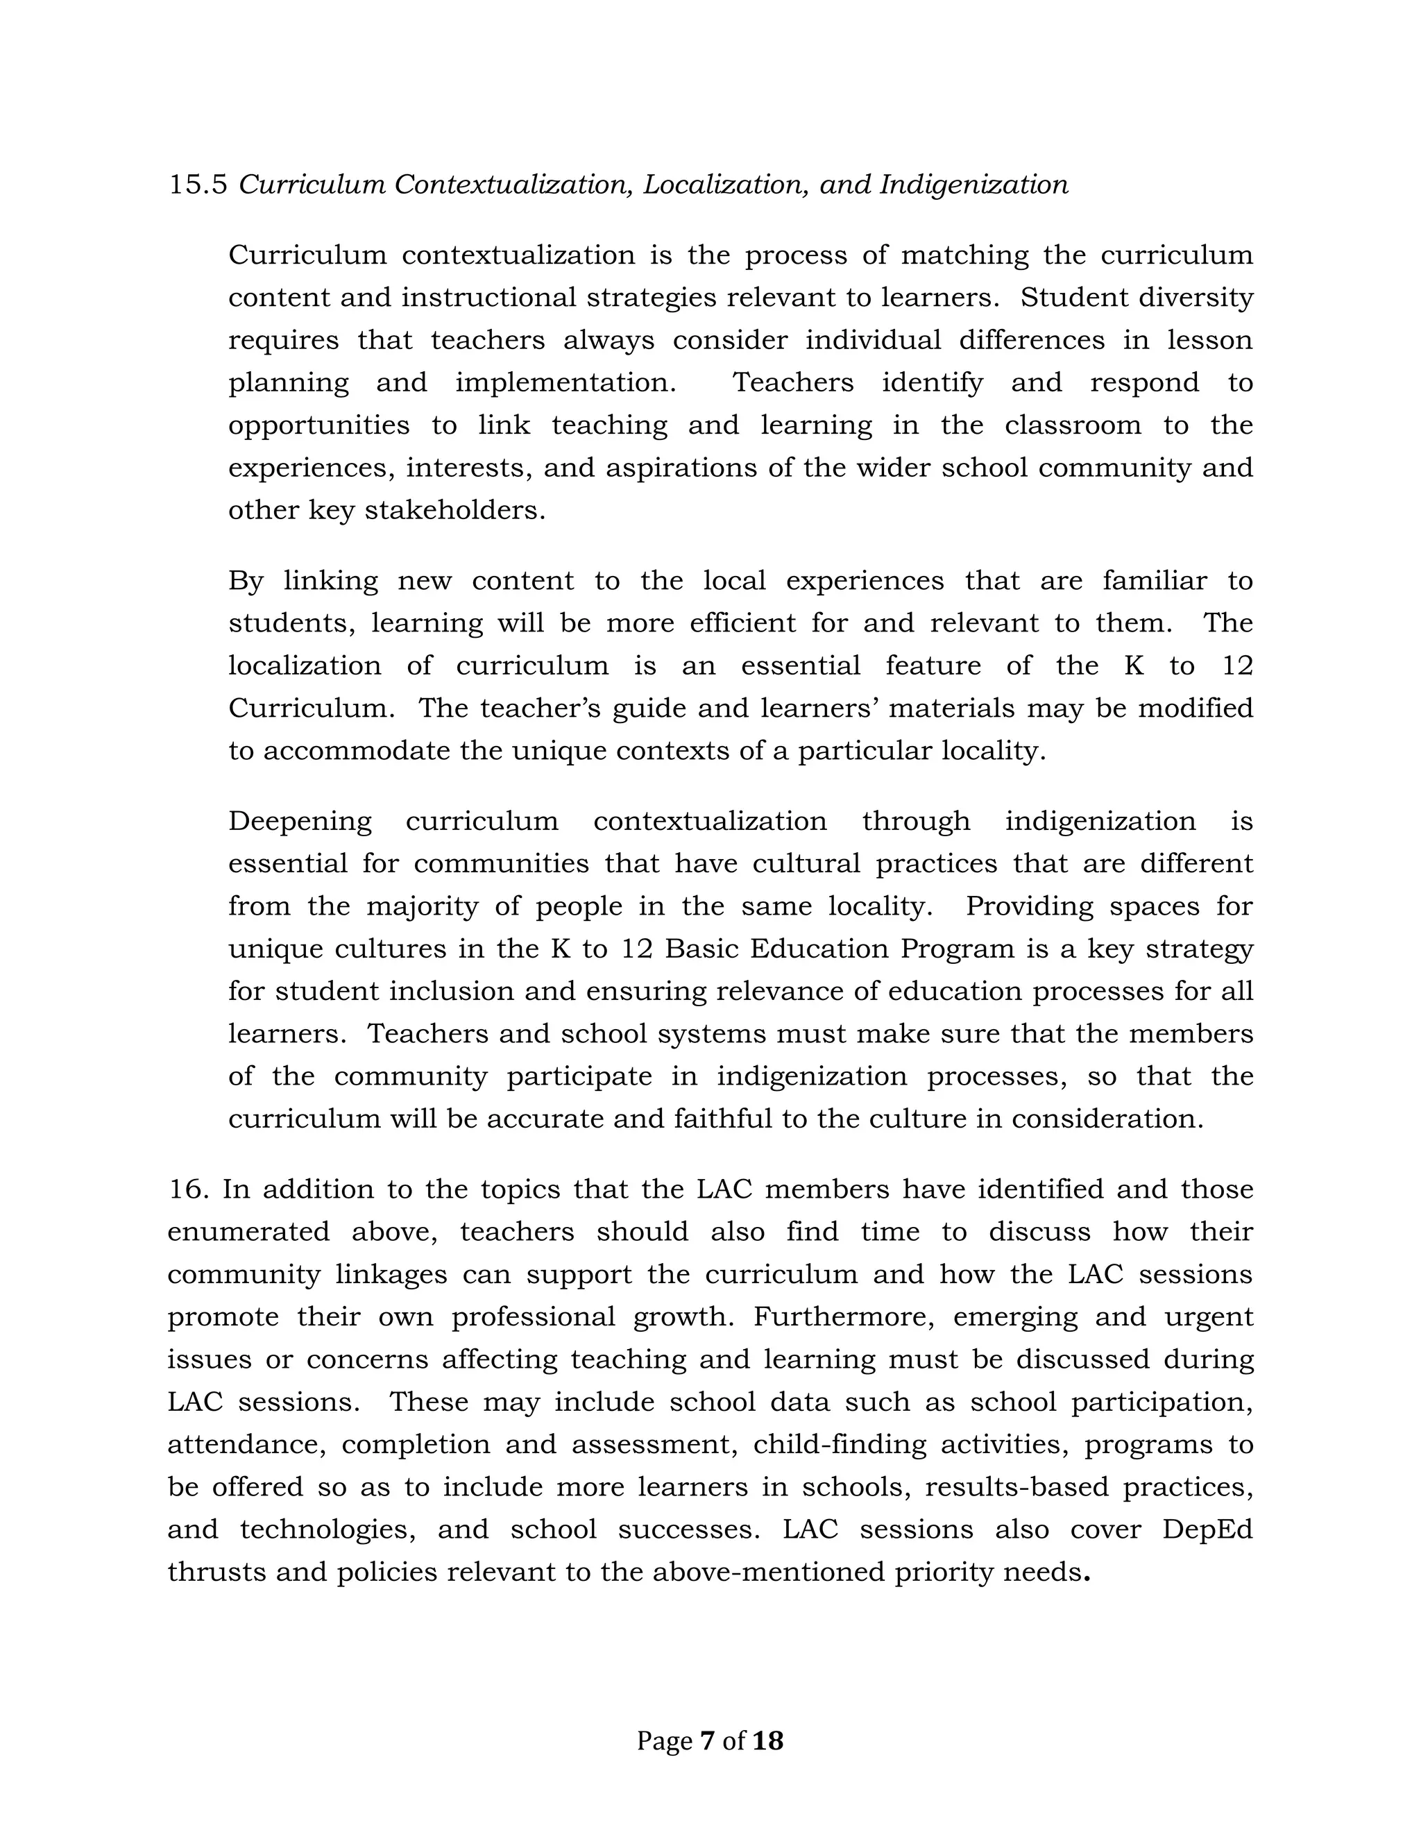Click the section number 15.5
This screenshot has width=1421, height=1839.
coord(198,185)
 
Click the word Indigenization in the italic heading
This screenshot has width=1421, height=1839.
coord(973,185)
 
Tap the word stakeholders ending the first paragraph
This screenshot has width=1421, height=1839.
coord(454,510)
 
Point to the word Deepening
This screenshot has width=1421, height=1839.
coord(300,821)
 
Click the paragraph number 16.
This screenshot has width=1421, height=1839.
coord(189,1189)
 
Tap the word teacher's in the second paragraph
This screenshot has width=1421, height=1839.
coord(540,708)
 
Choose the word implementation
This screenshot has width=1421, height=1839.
coord(565,383)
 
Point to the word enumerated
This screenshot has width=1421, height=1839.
coord(248,1231)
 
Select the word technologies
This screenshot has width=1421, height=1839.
coord(327,1528)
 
